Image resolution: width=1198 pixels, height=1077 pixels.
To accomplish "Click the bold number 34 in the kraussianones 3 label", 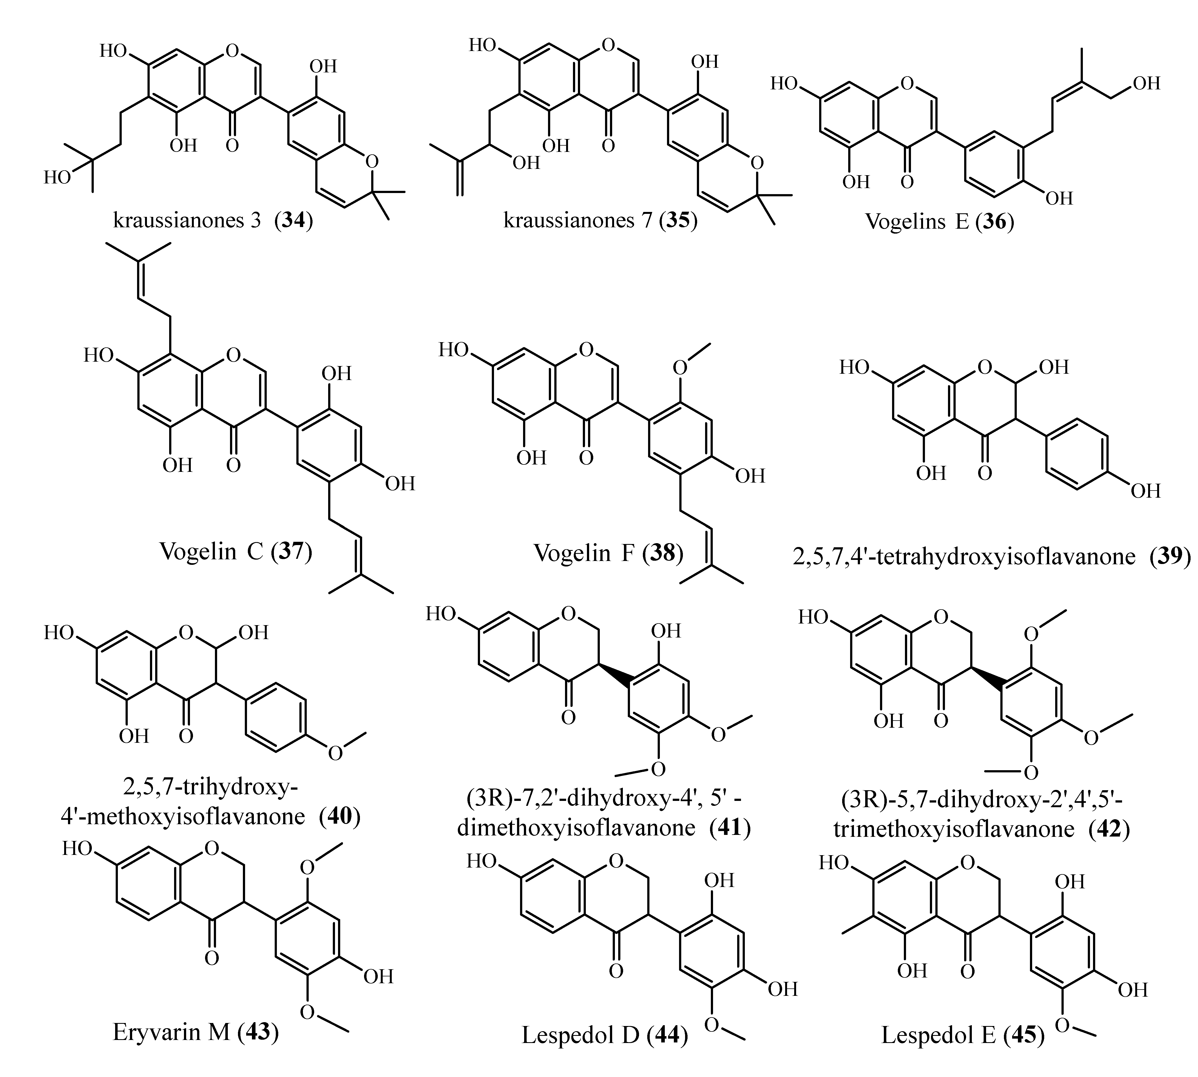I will [293, 221].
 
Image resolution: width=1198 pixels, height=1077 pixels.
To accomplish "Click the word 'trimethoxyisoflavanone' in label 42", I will [954, 829].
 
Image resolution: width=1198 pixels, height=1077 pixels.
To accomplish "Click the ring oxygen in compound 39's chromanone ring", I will [984, 368].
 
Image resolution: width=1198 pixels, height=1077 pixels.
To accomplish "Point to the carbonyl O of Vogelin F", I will [586, 458].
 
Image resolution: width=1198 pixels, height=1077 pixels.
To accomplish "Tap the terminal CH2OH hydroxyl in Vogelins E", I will [1146, 83].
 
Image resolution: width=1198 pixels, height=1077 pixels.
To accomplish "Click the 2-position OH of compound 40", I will [253, 633].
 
